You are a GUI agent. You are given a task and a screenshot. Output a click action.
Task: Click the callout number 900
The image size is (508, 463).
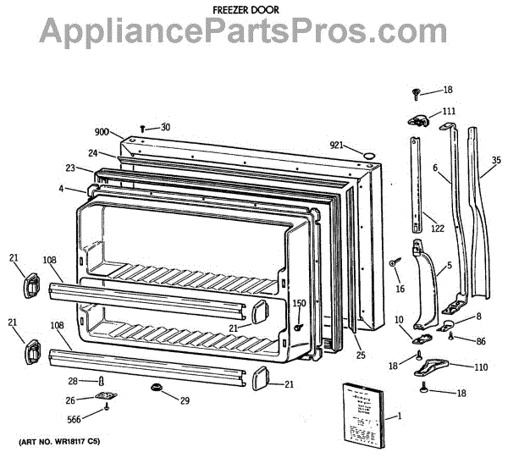(x=102, y=132)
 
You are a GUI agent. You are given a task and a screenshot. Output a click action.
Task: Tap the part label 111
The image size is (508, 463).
(x=448, y=111)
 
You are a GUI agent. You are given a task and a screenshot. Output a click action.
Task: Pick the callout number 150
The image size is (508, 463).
(x=299, y=303)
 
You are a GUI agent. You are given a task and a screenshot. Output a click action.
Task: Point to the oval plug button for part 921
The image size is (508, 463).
(x=368, y=153)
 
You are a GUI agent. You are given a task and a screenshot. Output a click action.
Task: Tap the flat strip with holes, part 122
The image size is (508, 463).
(x=417, y=182)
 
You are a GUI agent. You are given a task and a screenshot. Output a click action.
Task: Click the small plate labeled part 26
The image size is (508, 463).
(x=106, y=395)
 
